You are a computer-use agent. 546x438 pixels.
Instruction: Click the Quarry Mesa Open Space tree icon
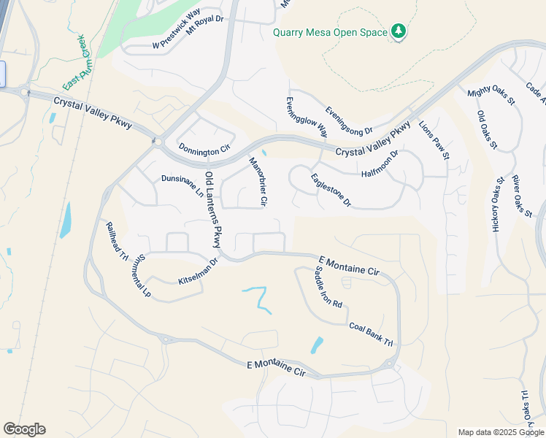pos(398,31)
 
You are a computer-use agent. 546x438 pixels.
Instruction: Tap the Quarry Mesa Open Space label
pos(331,32)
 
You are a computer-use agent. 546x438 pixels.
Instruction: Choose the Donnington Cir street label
pos(204,151)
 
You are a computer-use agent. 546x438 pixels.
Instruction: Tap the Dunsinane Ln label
pos(182,185)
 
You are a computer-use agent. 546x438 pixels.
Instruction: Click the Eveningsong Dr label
pos(349,119)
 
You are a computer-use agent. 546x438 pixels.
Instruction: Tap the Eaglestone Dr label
pos(331,190)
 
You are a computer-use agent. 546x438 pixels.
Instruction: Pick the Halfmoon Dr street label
pos(380,164)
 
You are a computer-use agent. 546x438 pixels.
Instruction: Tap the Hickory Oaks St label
pos(499,205)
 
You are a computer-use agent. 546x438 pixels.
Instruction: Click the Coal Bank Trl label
pos(371,334)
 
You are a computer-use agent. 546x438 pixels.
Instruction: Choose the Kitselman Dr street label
pos(199,272)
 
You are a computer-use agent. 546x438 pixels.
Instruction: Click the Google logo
pos(24,429)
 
